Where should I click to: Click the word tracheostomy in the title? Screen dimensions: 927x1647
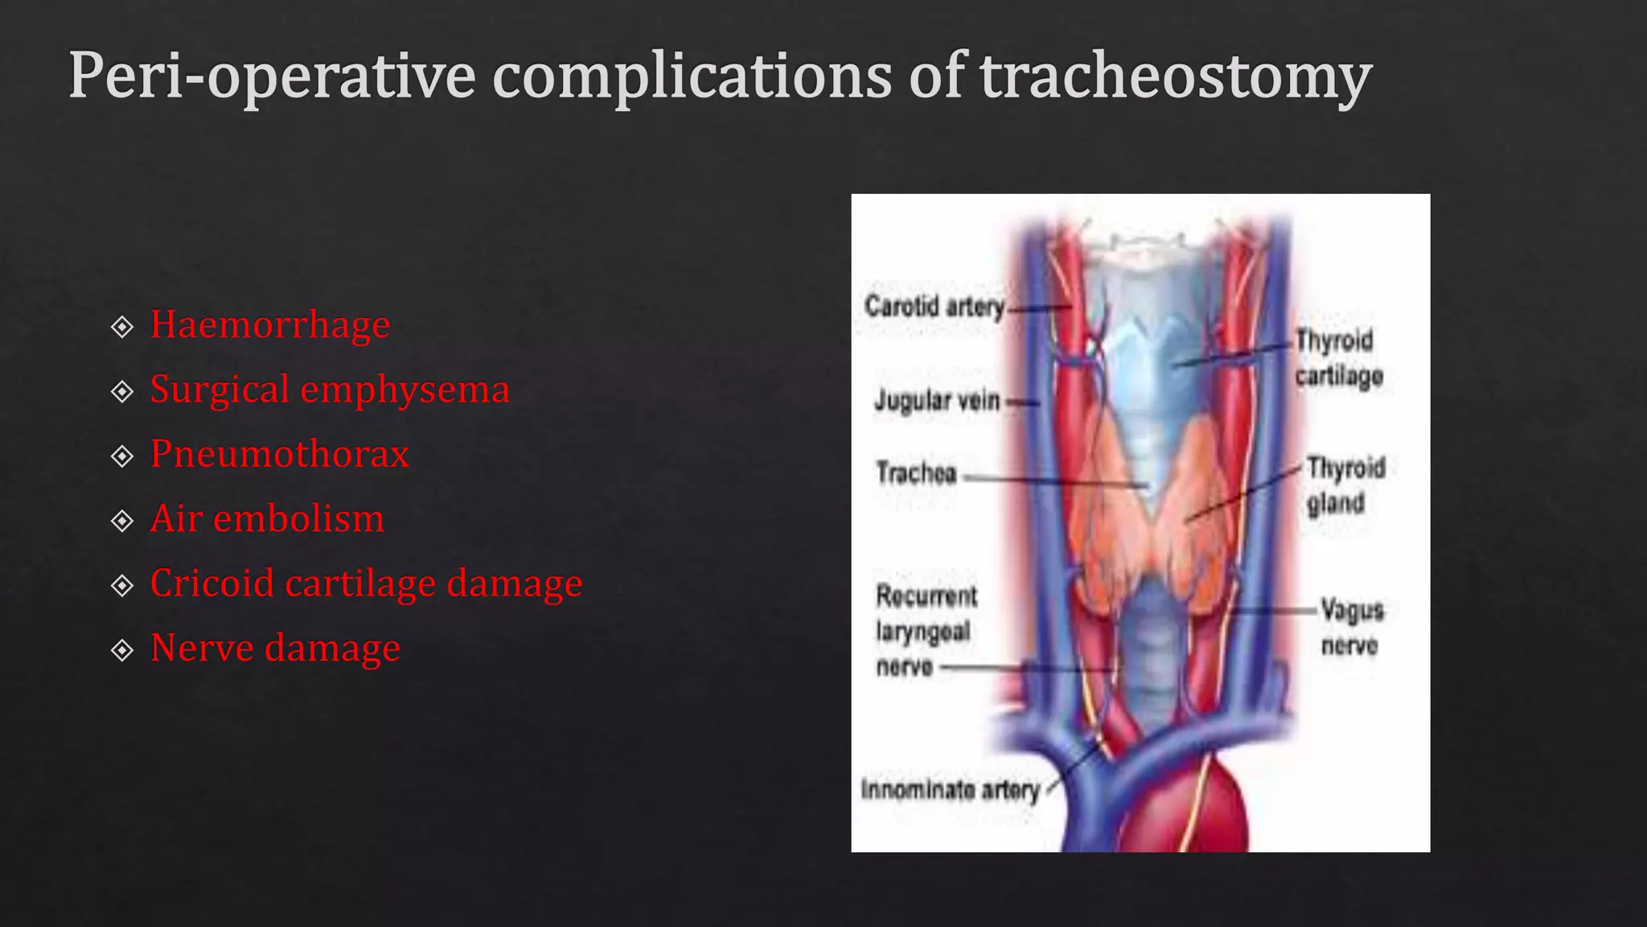tap(1175, 77)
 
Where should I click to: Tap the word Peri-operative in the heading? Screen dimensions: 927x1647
tap(273, 77)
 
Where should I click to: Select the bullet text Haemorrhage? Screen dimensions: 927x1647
tap(270, 325)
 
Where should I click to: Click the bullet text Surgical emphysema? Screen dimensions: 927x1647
tap(330, 390)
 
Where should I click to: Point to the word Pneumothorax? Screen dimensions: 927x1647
tap(280, 455)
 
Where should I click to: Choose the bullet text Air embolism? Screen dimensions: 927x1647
tap(267, 519)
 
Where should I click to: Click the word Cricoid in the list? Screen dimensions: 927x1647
tap(212, 583)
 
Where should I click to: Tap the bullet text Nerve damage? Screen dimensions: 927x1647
tap(275, 649)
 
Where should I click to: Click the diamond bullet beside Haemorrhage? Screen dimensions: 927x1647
tap(122, 327)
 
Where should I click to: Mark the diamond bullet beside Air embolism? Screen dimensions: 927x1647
tap(122, 521)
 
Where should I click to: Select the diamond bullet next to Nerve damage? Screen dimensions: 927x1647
tap(122, 650)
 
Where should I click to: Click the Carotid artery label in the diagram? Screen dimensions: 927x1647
tap(934, 307)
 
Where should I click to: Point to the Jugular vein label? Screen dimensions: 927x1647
tap(937, 400)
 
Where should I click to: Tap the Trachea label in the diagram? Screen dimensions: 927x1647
tap(916, 473)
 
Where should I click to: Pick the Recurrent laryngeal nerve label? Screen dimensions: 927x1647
tap(926, 632)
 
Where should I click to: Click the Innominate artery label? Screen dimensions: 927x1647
tap(950, 789)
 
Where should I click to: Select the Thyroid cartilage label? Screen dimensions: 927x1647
tap(1338, 358)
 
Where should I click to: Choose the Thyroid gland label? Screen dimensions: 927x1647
tap(1345, 485)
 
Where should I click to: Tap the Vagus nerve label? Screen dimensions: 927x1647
tap(1351, 628)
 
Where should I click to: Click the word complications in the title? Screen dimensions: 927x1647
tap(691, 77)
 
